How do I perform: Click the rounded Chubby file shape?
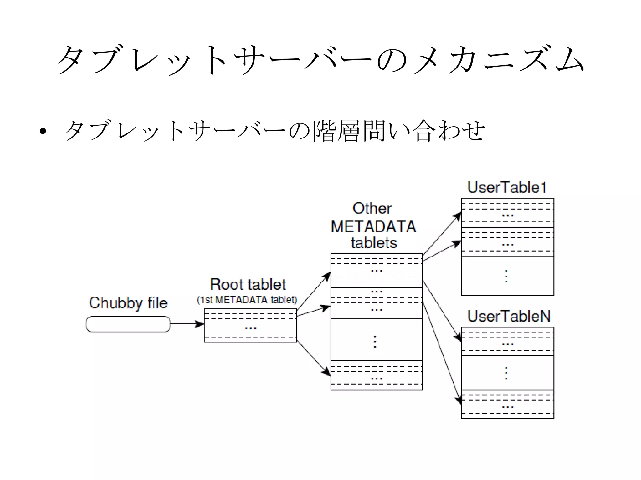point(128,324)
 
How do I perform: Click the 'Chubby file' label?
point(128,303)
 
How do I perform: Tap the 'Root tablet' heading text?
point(248,285)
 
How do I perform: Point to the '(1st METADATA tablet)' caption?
point(247,300)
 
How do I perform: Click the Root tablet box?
point(250,326)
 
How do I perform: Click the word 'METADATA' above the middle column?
point(373,227)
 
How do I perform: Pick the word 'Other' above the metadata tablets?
point(372,208)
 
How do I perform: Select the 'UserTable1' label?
point(507,187)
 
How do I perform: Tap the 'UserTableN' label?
point(509,316)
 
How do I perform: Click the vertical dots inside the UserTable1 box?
point(506,276)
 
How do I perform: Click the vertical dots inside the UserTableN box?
point(506,373)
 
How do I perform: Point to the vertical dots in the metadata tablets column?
point(375,342)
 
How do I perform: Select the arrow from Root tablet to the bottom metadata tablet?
point(313,358)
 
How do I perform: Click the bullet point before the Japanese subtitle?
point(43,131)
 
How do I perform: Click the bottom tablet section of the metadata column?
point(376,375)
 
